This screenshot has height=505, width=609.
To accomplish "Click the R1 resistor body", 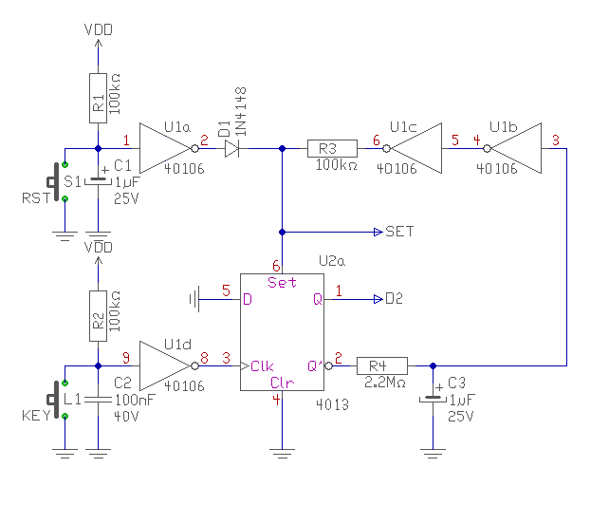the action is tap(99, 98).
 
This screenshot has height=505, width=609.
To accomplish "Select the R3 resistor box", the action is tap(332, 148).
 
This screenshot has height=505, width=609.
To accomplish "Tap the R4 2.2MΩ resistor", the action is tap(382, 365).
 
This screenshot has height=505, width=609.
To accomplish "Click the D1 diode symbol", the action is tap(231, 148).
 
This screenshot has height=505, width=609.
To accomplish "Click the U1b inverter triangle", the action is tap(514, 148).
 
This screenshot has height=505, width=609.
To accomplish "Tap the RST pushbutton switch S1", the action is tap(57, 181).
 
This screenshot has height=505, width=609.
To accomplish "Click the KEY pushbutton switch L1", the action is tap(57, 400).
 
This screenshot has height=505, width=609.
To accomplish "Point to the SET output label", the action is tap(399, 232).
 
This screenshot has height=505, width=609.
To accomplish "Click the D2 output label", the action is tap(394, 299).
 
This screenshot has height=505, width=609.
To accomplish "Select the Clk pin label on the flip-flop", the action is tap(262, 365).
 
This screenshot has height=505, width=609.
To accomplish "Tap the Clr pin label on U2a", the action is tap(282, 383).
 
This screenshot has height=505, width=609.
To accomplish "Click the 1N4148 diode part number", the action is tap(241, 111).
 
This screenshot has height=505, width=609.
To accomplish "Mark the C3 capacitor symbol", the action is tap(433, 398).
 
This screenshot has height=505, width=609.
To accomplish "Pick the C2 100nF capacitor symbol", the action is tap(99, 400).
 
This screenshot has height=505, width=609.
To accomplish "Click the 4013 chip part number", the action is tap(332, 404).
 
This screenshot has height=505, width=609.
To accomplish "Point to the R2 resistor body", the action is tap(99, 316).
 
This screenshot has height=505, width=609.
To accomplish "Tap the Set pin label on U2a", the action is tap(282, 282).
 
